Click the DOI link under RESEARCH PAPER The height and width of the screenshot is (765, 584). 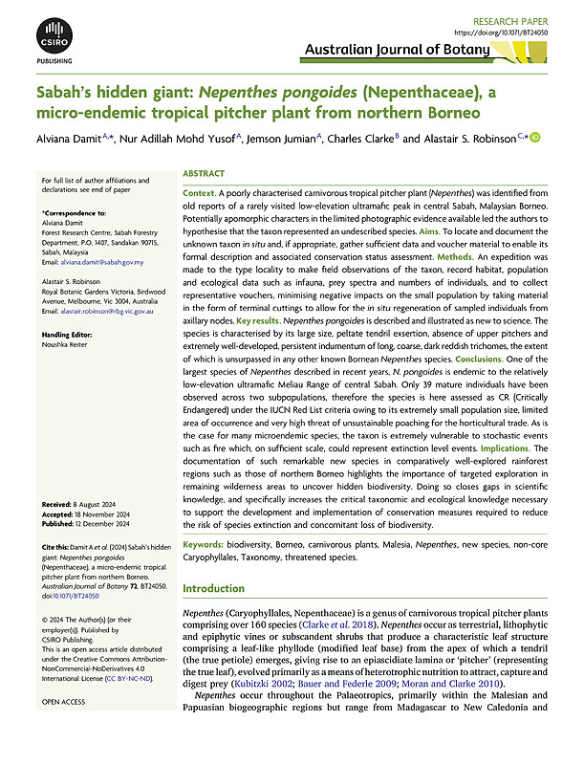point(507,30)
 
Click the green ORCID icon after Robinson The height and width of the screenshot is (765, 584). point(535,139)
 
